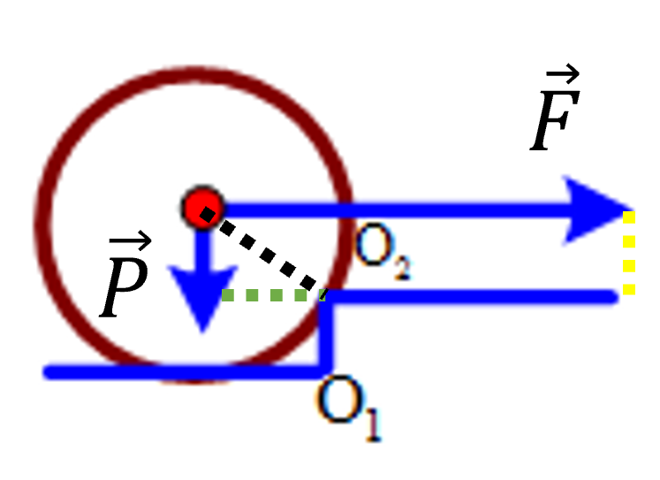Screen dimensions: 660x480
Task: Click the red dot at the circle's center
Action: click(x=203, y=207)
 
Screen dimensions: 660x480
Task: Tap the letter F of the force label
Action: click(x=555, y=120)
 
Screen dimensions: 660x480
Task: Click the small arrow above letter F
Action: click(x=563, y=74)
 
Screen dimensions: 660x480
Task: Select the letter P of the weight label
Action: click(x=124, y=286)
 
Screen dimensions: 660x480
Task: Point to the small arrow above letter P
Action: click(x=130, y=241)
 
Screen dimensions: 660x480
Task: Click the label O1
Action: click(x=348, y=408)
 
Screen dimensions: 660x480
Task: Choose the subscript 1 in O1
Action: click(x=374, y=424)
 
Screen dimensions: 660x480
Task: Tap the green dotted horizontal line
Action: click(x=274, y=294)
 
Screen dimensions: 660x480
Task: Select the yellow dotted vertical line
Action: click(x=629, y=253)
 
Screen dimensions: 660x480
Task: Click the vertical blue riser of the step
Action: click(x=326, y=332)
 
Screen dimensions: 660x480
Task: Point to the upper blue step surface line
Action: click(x=469, y=297)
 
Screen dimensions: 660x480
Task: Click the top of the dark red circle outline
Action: click(x=193, y=73)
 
